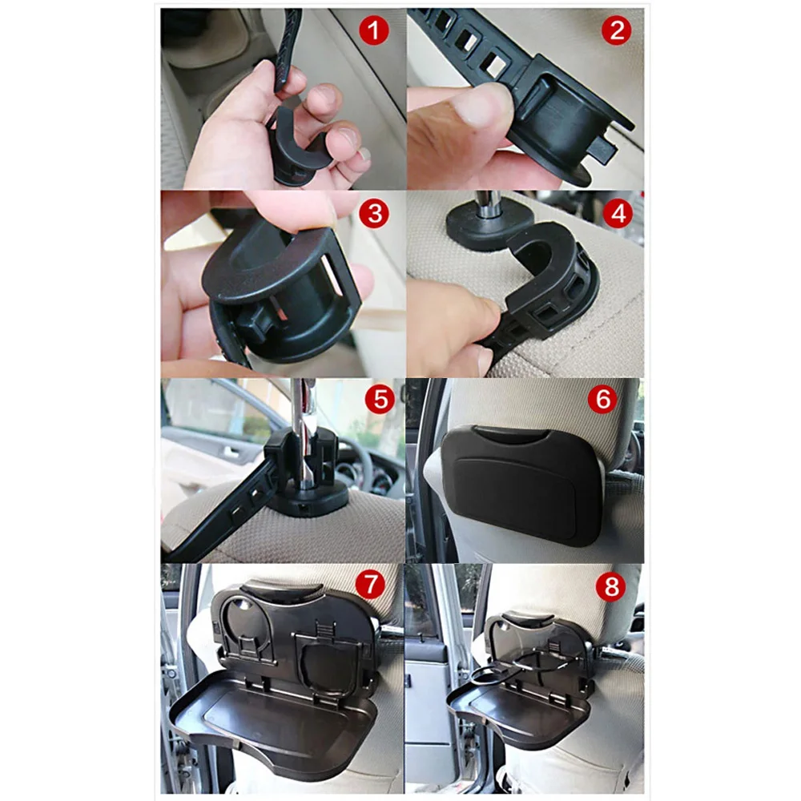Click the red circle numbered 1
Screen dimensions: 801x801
pos(374,30)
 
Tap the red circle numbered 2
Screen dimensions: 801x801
pos(617,30)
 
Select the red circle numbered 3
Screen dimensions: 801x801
pos(374,214)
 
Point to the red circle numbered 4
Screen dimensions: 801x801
pos(618,214)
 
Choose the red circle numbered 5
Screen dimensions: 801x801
pos(380,399)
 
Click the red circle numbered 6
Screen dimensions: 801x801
pos(603,399)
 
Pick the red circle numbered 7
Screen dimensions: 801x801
pos(370,583)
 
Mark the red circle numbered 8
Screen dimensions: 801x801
pos(611,586)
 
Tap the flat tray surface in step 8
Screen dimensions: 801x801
pos(516,713)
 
